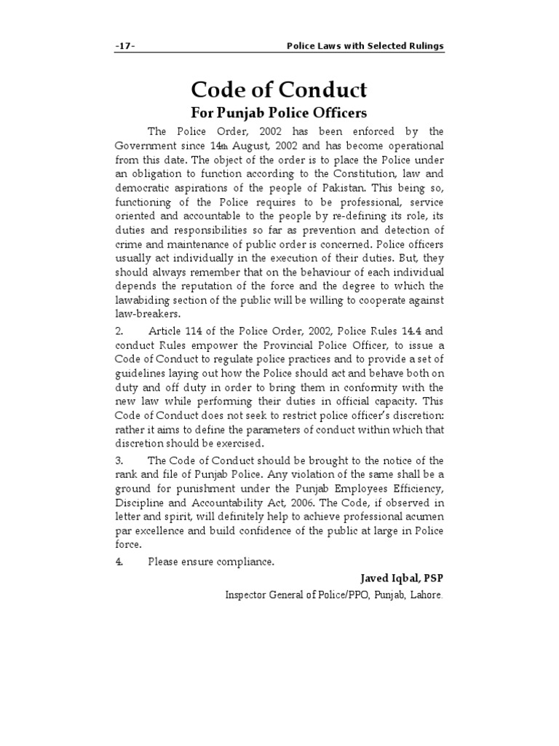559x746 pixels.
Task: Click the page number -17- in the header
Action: point(125,46)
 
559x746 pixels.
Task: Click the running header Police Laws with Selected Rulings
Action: point(365,46)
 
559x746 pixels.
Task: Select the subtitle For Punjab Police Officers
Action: point(279,113)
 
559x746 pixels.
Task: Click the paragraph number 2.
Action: point(119,332)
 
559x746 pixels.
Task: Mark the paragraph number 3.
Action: point(119,460)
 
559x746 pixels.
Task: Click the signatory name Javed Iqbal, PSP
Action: point(401,578)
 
